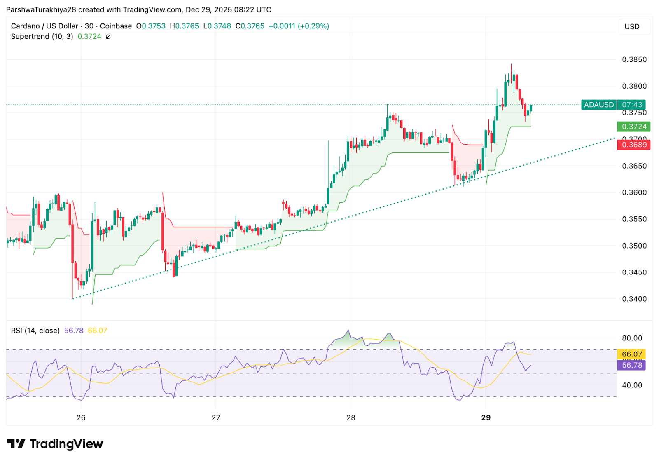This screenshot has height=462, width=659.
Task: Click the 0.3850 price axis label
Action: [x=634, y=59]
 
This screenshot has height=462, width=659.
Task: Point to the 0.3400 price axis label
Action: [x=634, y=299]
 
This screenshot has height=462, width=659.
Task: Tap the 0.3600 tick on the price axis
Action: [x=634, y=192]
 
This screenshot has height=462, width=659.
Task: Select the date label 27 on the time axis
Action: [x=216, y=417]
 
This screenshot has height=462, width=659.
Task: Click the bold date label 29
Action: [x=486, y=417]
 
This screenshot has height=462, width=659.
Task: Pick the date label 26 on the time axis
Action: [x=81, y=417]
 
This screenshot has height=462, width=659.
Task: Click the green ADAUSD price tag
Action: [x=598, y=105]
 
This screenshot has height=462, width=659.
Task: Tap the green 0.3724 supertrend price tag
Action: [x=633, y=127]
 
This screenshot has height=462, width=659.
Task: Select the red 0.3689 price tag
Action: [x=633, y=145]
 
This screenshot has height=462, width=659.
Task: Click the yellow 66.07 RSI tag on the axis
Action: [x=632, y=354]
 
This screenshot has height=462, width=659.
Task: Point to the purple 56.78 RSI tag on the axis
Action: [x=632, y=365]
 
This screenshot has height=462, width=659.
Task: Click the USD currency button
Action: [x=632, y=27]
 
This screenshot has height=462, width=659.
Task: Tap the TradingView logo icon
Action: [x=16, y=444]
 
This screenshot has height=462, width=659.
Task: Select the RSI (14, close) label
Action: [x=35, y=331]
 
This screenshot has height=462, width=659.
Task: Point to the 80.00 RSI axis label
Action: [x=632, y=338]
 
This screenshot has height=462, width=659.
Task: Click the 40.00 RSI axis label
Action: [x=632, y=385]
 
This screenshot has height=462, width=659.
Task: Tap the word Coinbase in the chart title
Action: [x=116, y=26]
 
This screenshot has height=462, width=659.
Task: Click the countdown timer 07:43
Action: [x=632, y=105]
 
